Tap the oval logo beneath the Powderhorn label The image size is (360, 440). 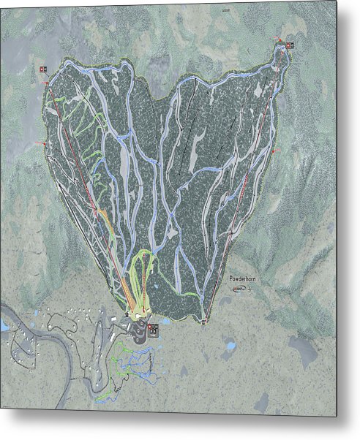239,289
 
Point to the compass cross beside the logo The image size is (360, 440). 250,290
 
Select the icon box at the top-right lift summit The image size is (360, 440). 290,45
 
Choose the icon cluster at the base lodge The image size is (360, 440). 153,330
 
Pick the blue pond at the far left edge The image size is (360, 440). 5,327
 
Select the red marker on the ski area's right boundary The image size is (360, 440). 277,148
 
